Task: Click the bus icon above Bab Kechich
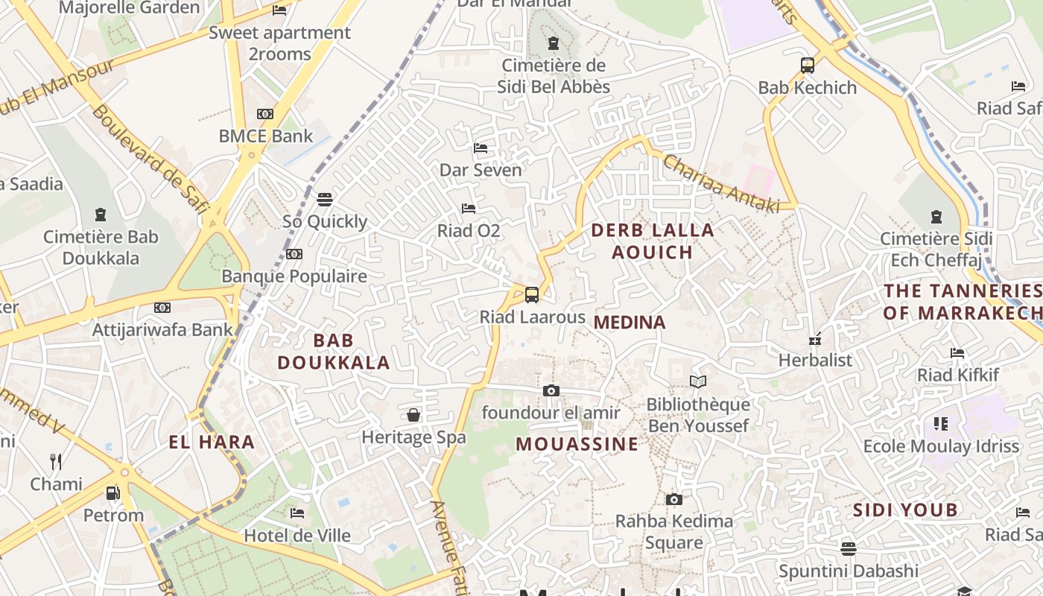[x=808, y=66]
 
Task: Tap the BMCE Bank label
[x=266, y=136]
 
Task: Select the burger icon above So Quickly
[x=325, y=200]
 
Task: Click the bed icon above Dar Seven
[x=481, y=148]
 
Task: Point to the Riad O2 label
[x=469, y=231]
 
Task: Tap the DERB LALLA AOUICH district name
[x=653, y=241]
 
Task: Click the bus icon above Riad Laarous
[x=532, y=295]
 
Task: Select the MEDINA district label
[x=630, y=323]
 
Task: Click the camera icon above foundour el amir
[x=551, y=391]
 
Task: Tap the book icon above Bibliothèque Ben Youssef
[x=698, y=382]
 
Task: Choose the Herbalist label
[x=815, y=360]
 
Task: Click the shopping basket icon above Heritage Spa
[x=413, y=415]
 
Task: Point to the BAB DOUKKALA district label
[x=333, y=352]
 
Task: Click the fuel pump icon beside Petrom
[x=113, y=493]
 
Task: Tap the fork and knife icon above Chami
[x=56, y=462]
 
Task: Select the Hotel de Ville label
[x=297, y=536]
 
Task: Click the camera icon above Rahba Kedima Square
[x=674, y=499]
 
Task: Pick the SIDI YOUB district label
[x=904, y=510]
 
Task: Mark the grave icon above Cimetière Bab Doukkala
[x=101, y=215]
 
